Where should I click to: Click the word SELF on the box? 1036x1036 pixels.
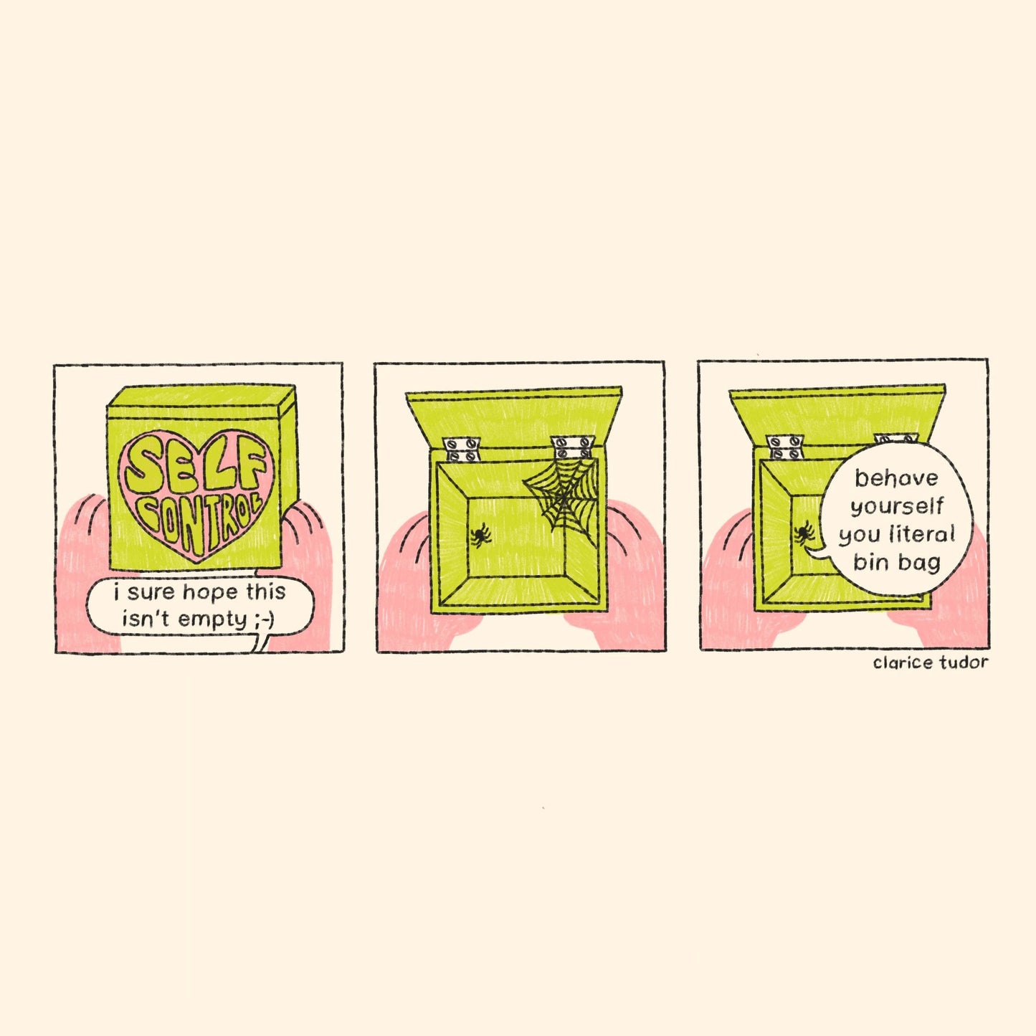point(196,466)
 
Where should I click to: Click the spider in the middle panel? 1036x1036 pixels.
point(480,535)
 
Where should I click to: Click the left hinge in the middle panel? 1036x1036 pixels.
point(462,450)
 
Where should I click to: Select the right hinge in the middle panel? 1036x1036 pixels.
point(573,447)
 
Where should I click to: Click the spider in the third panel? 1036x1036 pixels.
point(804,533)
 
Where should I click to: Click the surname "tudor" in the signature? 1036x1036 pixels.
point(964,662)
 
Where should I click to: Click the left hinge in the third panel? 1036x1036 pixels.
point(786,448)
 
